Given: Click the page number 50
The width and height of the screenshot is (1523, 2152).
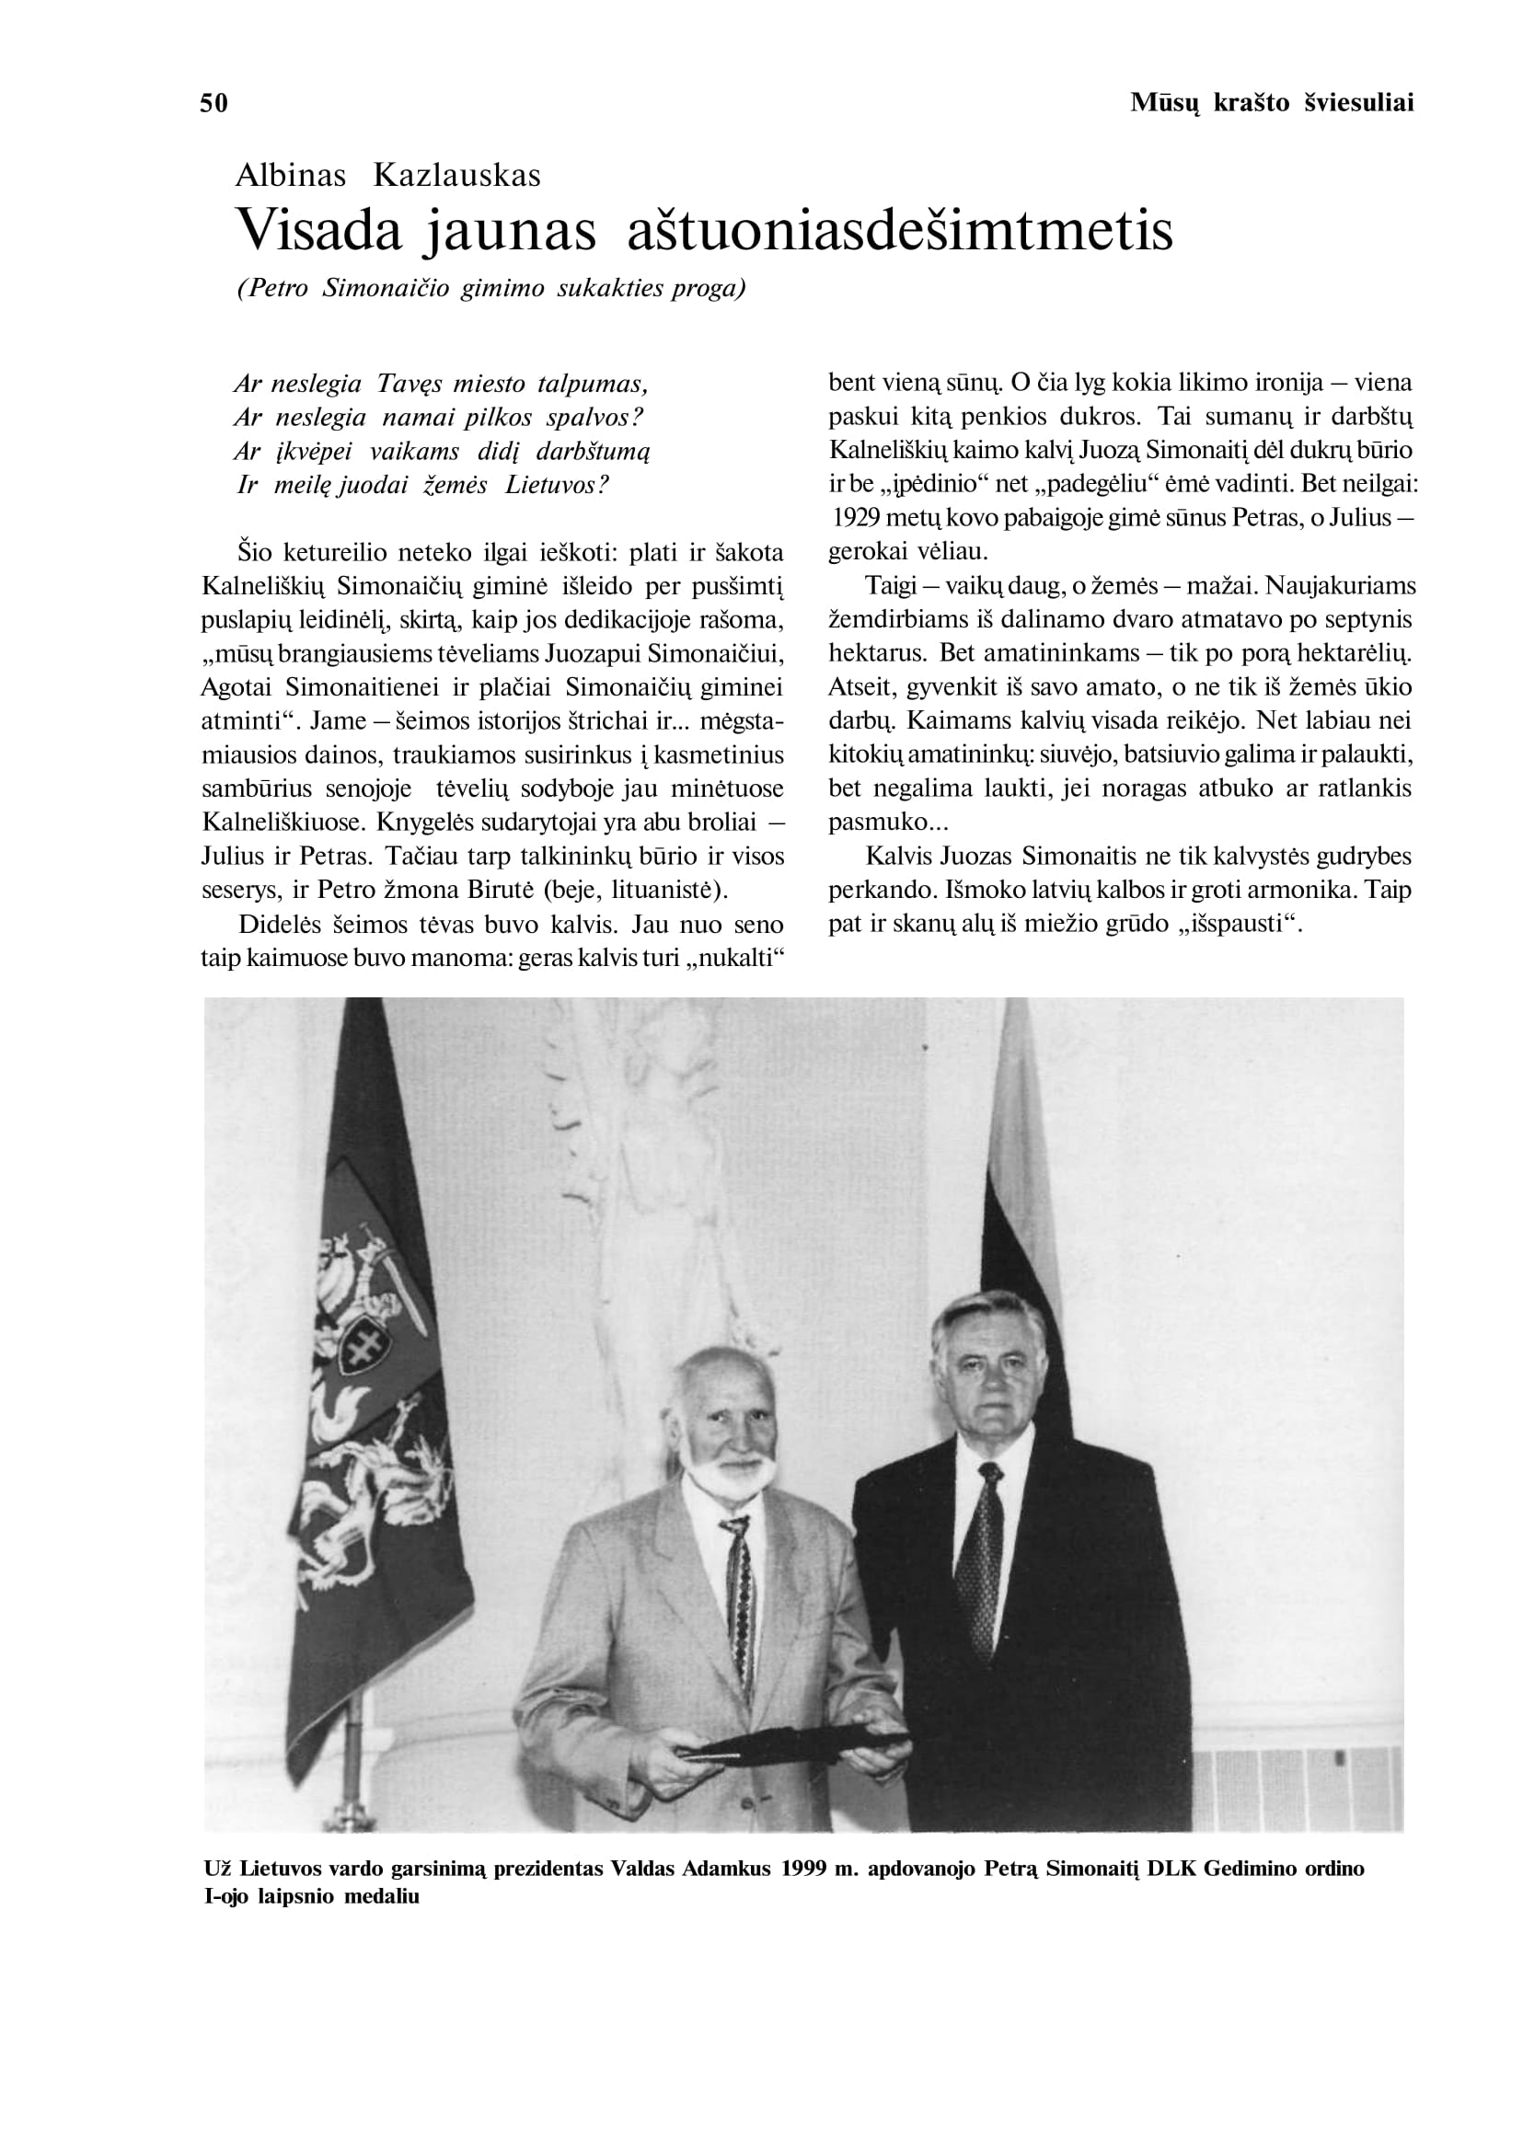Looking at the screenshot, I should click(x=213, y=103).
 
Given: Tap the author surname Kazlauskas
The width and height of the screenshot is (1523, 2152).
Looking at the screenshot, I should click(x=456, y=176).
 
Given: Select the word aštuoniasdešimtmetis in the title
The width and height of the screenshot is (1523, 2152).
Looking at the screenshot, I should click(x=899, y=230).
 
